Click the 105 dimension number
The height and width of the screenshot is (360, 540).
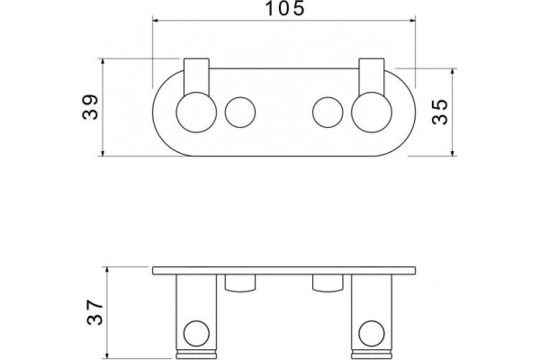284,8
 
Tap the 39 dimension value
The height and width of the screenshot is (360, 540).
91,107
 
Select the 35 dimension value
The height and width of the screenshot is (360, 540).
440,112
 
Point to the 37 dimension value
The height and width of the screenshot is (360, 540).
94,312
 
